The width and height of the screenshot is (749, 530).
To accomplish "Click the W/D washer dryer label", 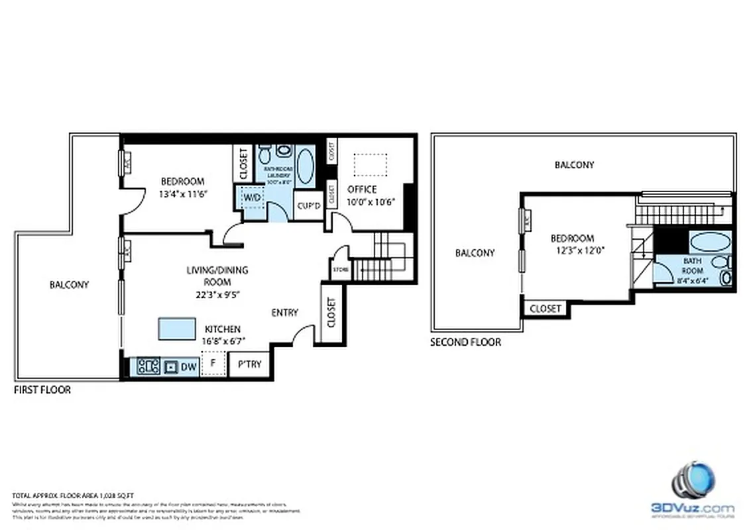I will pos(251,197).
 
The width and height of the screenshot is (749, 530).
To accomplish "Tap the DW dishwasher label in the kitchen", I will pos(188,366).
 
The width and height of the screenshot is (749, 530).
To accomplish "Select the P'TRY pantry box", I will pos(249,365).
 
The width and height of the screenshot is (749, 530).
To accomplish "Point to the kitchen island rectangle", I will pos(177,329).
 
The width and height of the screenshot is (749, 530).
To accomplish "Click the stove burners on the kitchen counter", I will pos(148,366).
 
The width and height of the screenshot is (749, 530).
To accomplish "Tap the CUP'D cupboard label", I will pos(308,205).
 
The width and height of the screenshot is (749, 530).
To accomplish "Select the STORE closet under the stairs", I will pos(340,269).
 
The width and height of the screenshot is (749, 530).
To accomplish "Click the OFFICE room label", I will pos(362,189).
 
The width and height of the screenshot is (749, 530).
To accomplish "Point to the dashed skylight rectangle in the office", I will pos(370,165).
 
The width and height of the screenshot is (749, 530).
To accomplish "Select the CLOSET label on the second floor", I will pos(546,308).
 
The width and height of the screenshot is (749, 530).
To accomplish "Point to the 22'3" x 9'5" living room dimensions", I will pos(208,295).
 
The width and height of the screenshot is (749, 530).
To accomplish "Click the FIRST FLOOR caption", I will pos(42,390).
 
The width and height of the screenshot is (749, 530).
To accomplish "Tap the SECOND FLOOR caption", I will pos(465,342).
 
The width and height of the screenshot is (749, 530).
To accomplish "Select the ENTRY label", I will pos(284,312).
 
